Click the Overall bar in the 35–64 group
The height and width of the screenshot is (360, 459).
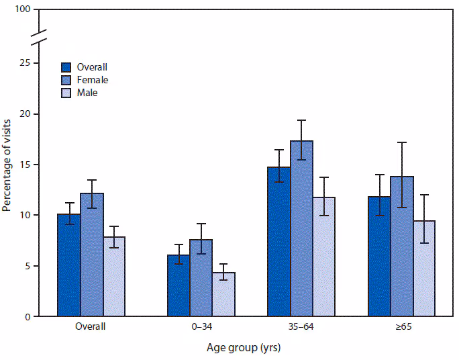(x=278, y=242)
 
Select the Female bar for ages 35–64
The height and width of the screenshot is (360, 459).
(x=301, y=228)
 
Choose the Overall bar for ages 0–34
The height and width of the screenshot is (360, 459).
(x=178, y=285)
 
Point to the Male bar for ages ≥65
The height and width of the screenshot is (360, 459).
(x=424, y=269)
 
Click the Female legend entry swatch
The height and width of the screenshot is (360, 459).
(x=67, y=80)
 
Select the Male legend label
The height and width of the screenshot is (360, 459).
(x=87, y=93)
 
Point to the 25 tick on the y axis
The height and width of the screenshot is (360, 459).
(x=25, y=63)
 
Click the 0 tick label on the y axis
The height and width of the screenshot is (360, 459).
(x=28, y=316)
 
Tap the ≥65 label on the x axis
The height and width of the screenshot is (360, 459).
(x=401, y=328)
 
